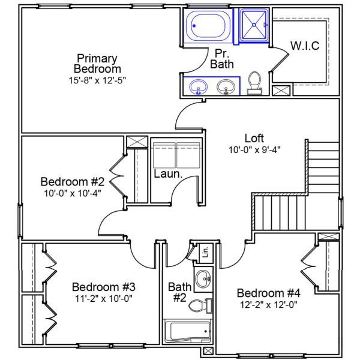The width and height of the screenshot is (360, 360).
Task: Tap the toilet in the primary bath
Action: click(x=255, y=82)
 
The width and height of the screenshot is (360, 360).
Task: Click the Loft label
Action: click(x=254, y=137)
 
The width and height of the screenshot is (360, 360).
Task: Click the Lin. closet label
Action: click(x=203, y=251)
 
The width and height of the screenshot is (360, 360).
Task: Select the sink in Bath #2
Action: click(x=204, y=278)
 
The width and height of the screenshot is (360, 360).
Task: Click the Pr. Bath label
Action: click(x=222, y=58)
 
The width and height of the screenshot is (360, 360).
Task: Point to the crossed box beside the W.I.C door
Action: click(x=280, y=91)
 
